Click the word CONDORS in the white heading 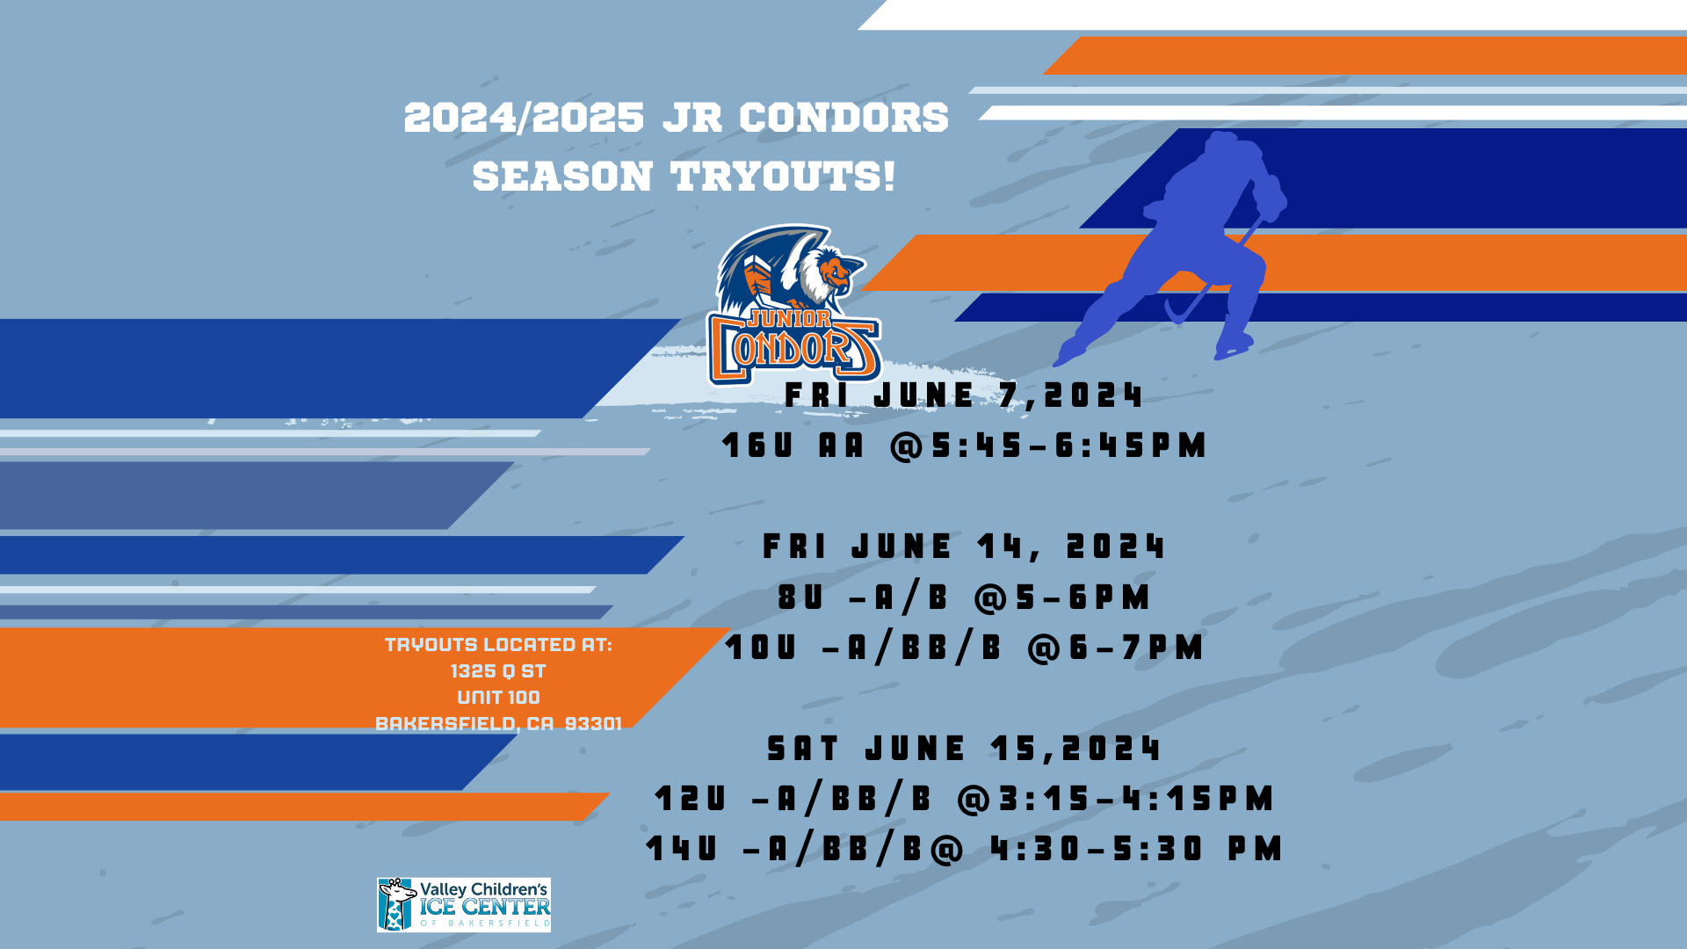point(843,118)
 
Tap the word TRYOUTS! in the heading point(783,176)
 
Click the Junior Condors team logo point(793,305)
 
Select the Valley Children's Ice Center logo point(464,904)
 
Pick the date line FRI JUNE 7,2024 point(964,395)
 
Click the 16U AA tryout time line point(964,446)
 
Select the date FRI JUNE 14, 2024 point(964,547)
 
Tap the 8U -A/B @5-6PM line point(964,598)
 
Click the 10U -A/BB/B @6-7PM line point(964,648)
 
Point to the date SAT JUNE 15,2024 point(964,749)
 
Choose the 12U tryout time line point(964,799)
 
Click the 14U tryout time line point(964,849)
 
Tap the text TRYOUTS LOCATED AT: point(498,645)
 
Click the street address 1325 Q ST point(498,671)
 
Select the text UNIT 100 point(498,698)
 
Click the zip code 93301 point(593,723)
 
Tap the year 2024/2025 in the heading point(524,118)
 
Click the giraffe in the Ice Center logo point(397,904)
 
